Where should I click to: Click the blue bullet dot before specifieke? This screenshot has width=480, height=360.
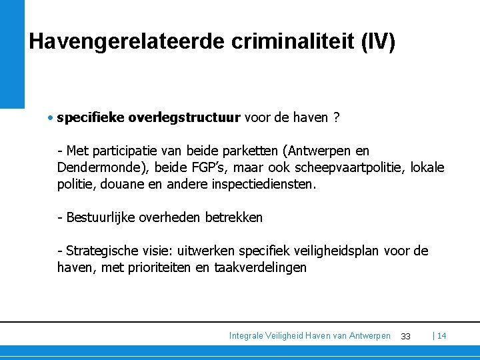51,119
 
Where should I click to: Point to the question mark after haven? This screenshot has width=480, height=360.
337,118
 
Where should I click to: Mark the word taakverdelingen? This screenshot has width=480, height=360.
260,267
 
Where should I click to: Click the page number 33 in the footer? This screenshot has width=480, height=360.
405,336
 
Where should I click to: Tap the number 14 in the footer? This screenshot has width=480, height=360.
441,336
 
